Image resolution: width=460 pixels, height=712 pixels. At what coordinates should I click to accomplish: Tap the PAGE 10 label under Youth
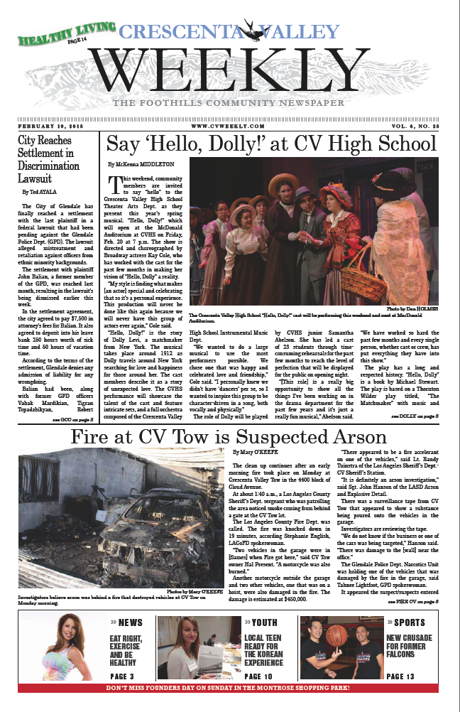[262, 676]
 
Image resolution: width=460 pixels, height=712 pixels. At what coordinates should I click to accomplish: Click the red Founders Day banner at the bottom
[230, 688]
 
